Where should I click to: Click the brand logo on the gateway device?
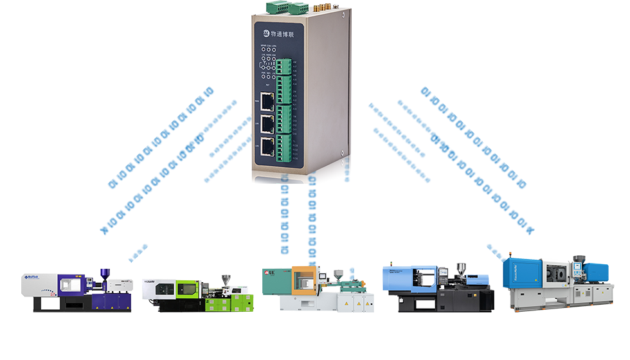point(266,32)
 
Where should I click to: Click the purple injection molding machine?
point(77,291)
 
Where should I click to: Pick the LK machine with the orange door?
point(318,289)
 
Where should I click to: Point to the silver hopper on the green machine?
point(226,282)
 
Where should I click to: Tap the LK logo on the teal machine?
point(273,274)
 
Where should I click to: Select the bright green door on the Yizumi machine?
point(186,289)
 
